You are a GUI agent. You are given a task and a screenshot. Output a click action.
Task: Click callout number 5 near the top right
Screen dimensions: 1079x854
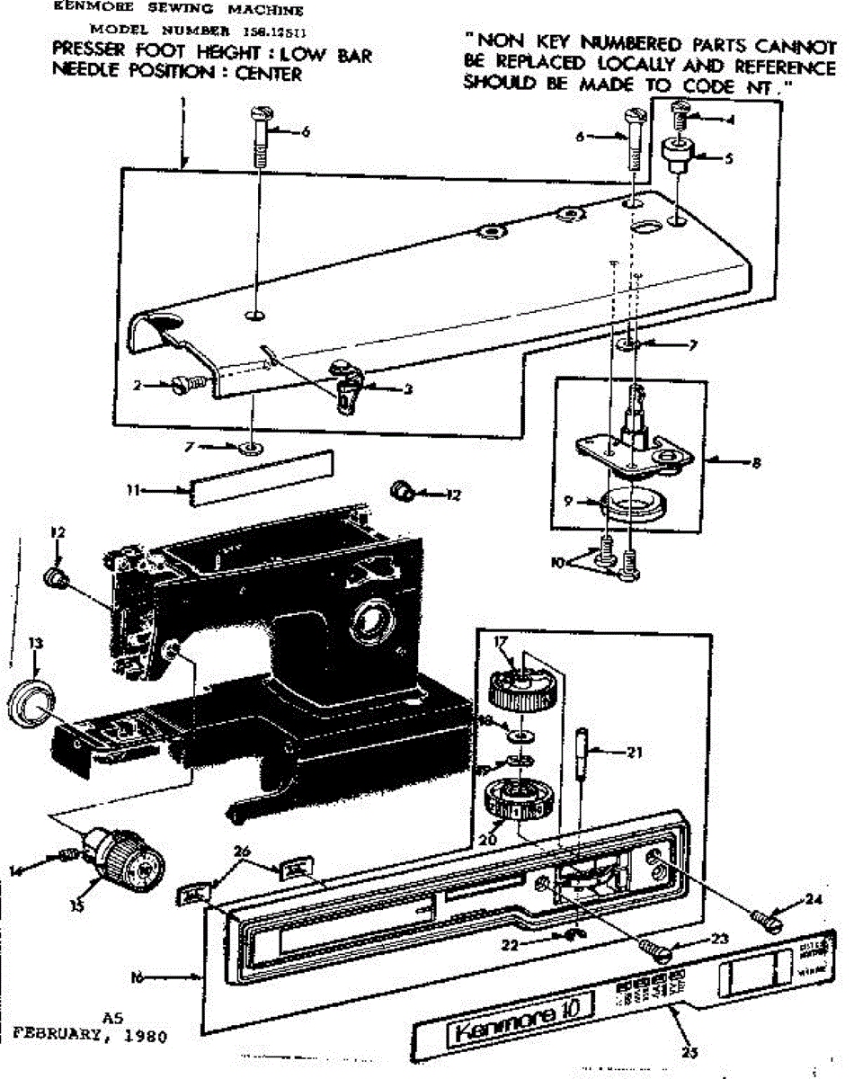728,157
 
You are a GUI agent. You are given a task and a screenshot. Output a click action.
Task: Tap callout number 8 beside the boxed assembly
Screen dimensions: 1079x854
756,463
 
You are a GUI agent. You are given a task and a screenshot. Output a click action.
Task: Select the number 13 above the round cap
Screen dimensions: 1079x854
35,643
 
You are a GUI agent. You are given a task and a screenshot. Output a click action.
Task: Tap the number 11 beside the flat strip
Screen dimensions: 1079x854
133,490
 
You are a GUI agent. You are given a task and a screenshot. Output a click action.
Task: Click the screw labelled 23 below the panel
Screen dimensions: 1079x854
654,947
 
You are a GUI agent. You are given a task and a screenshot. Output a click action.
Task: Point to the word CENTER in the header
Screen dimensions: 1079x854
268,75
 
